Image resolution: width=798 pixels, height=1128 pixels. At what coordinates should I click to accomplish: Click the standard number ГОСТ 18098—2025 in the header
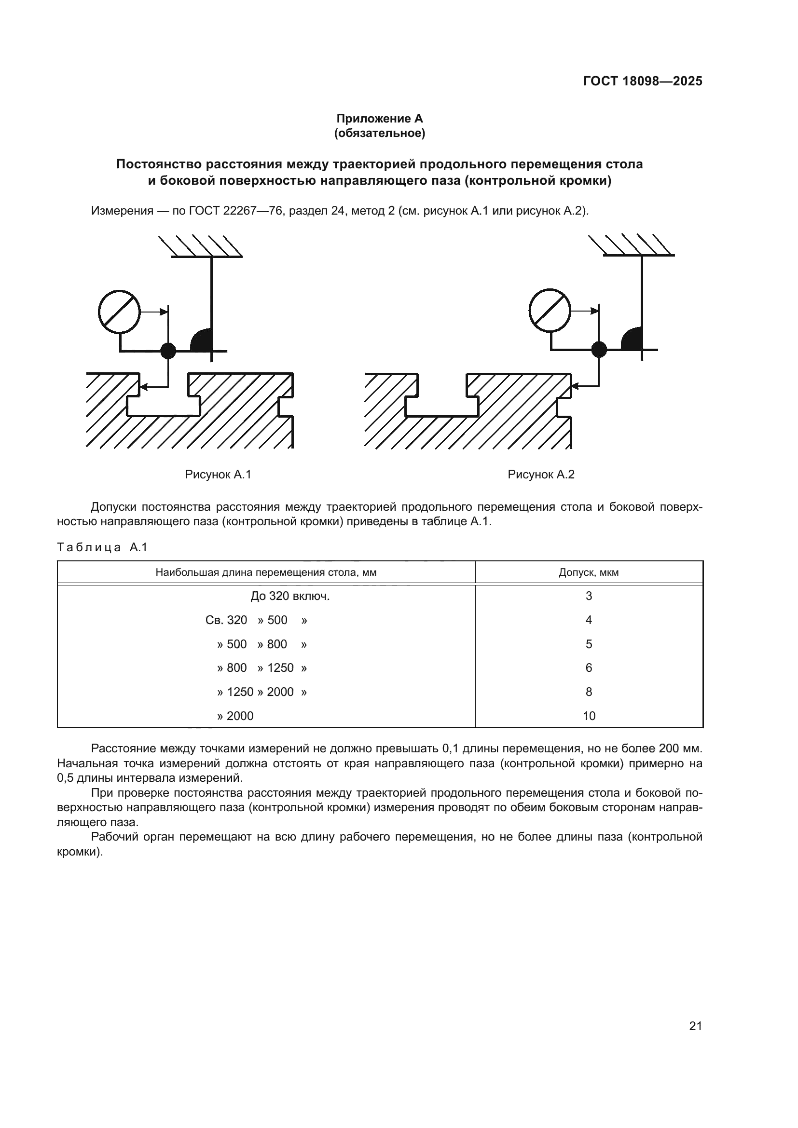coord(642,81)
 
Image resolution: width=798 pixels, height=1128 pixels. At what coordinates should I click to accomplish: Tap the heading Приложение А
coord(379,119)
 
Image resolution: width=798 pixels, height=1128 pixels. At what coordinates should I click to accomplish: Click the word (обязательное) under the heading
coord(379,133)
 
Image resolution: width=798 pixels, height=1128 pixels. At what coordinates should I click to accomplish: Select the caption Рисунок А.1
coord(218,475)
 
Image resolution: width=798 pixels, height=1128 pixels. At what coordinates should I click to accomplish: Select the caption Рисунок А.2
coord(540,475)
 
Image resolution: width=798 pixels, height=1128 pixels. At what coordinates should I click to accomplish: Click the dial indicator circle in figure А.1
coord(119,312)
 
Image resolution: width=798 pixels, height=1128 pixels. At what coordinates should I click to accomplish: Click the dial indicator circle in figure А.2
coord(550,311)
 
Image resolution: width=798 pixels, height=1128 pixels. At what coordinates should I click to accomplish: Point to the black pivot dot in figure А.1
coord(168,351)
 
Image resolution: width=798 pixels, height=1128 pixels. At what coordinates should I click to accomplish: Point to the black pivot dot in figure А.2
coord(599,349)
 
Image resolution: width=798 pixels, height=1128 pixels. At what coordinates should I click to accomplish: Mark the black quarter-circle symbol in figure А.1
coord(203,340)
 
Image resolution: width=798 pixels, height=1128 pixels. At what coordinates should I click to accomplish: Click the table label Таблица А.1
coord(102,547)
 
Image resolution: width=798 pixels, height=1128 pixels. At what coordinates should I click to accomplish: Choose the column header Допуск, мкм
coord(589,572)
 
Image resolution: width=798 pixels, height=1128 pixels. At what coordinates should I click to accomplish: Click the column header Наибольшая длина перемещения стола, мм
coord(266,572)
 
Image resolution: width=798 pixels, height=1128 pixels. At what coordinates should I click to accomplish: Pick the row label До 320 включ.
coord(290,597)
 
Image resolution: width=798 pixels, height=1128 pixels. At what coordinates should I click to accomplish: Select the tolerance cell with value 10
coord(589,716)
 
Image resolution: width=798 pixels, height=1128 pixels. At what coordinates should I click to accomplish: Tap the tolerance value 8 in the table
coord(589,692)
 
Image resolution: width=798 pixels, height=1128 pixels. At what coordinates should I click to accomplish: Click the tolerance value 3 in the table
coord(589,597)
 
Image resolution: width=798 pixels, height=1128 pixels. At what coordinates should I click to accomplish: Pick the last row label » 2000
coord(235,716)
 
